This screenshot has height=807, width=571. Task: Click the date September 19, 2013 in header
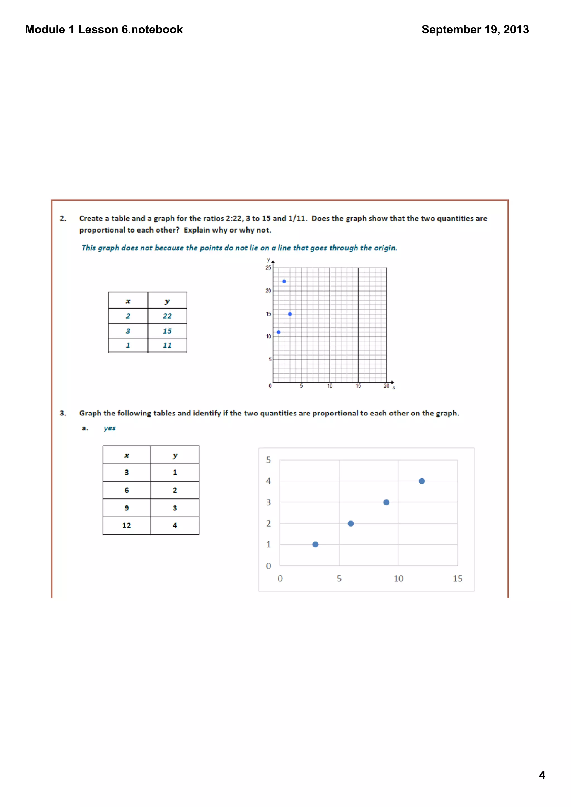pyautogui.click(x=475, y=30)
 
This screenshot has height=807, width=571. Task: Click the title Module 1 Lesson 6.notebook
pyautogui.click(x=104, y=30)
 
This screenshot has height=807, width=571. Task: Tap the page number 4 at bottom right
pyautogui.click(x=542, y=775)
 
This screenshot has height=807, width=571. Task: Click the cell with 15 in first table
pyautogui.click(x=167, y=331)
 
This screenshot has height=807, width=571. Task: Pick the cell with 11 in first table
pyautogui.click(x=167, y=345)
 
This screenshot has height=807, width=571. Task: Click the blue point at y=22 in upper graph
pyautogui.click(x=284, y=282)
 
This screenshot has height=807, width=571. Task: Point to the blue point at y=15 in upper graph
pyautogui.click(x=290, y=314)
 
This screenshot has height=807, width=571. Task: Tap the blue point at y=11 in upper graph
pyautogui.click(x=279, y=332)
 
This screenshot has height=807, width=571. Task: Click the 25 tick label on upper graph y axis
pyautogui.click(x=268, y=268)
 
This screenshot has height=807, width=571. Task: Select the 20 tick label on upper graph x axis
pyautogui.click(x=386, y=386)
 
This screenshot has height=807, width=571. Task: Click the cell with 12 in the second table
pyautogui.click(x=127, y=525)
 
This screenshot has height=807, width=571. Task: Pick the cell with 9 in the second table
pyautogui.click(x=127, y=508)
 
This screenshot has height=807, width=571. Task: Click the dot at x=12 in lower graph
pyautogui.click(x=422, y=481)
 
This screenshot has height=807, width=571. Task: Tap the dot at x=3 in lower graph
pyautogui.click(x=315, y=544)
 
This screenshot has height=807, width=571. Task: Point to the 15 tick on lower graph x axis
pyautogui.click(x=457, y=579)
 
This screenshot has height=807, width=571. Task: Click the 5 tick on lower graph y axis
pyautogui.click(x=268, y=460)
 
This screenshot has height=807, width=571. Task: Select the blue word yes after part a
pyautogui.click(x=109, y=428)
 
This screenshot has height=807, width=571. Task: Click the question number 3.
pyautogui.click(x=63, y=413)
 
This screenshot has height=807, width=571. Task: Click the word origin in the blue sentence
pyautogui.click(x=385, y=248)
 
